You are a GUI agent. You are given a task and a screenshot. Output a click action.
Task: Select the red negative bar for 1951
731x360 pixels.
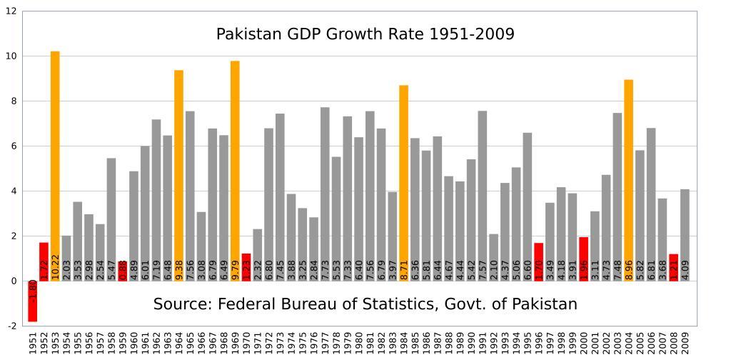[x=32, y=301]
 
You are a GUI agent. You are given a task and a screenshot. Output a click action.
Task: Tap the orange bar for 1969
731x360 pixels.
[x=235, y=171]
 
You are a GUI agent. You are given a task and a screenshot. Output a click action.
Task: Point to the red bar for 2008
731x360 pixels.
[x=673, y=267]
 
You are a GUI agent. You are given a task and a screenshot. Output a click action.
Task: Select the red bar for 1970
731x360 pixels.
[x=246, y=267]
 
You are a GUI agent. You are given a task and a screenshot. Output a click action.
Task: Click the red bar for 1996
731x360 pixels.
[x=538, y=261]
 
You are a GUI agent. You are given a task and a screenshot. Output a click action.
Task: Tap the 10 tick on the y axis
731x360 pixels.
[x=11, y=56]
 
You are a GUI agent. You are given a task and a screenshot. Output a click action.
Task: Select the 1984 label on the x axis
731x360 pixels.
[x=404, y=342]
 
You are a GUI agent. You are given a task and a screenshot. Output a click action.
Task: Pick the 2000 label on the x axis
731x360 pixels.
[x=584, y=342]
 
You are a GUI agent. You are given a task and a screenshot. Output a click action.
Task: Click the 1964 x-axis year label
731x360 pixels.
[x=179, y=342]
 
